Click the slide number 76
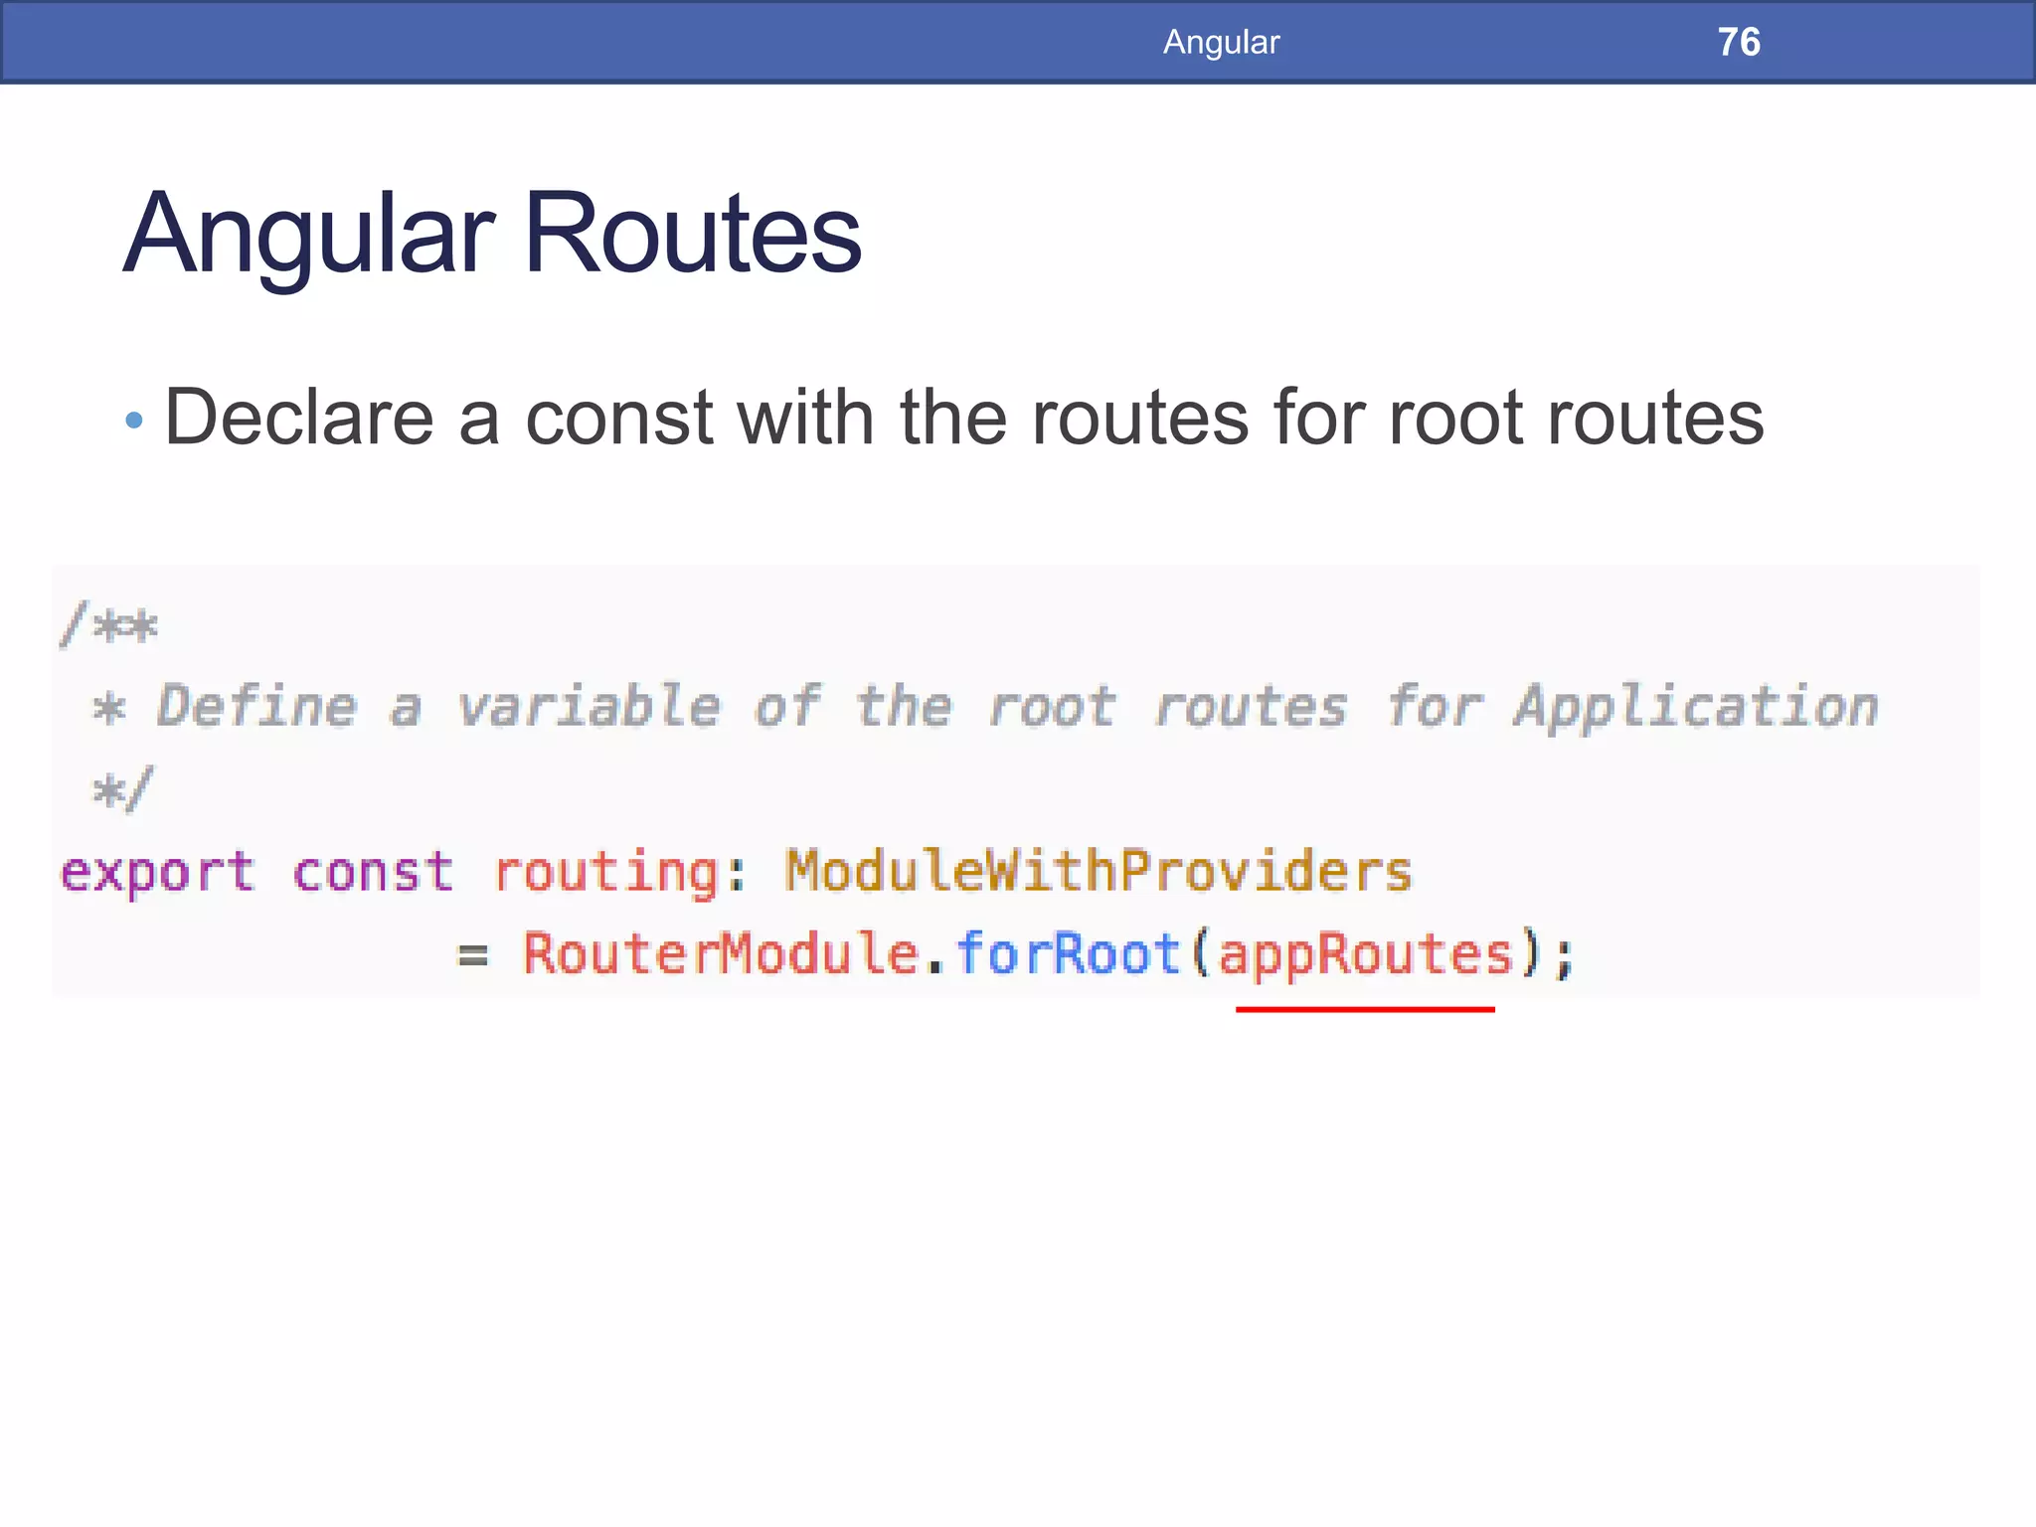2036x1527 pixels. (1739, 42)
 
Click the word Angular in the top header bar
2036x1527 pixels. (1221, 42)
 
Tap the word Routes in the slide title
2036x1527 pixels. (692, 234)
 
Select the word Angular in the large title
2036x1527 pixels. (309, 236)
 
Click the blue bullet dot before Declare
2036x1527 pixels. (134, 421)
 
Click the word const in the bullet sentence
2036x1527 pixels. (618, 418)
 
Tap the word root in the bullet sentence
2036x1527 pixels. (1455, 418)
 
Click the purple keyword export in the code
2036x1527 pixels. (157, 873)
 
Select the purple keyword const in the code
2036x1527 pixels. (373, 873)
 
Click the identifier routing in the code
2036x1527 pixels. (605, 873)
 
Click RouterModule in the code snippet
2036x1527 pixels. (721, 953)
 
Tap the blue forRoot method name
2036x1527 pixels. (1068, 953)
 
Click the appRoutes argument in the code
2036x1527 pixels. (1365, 955)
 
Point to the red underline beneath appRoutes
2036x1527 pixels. (1365, 1009)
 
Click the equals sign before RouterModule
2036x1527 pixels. (472, 956)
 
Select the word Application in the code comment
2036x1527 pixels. (1696, 708)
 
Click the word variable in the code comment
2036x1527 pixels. (589, 707)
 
